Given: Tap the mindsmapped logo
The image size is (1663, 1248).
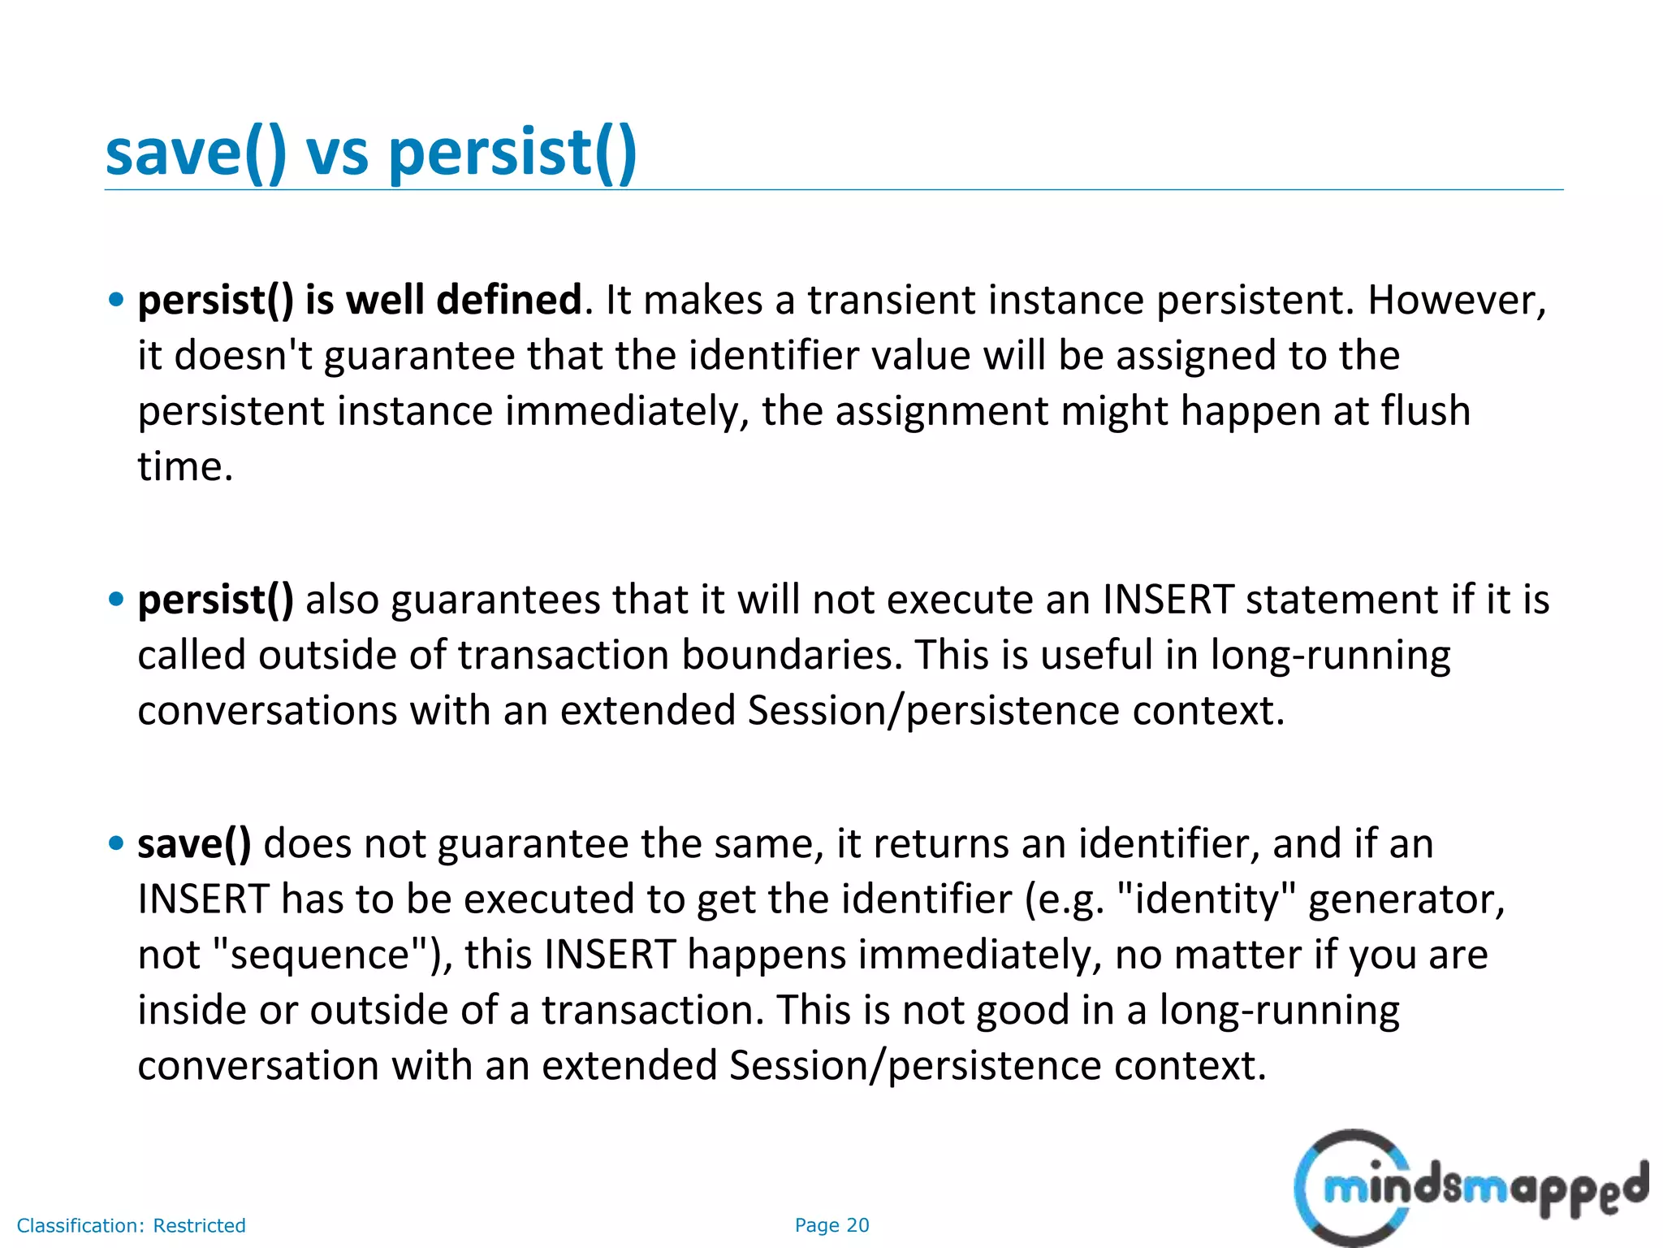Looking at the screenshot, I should point(1470,1188).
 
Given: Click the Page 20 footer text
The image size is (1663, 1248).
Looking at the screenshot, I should point(831,1225).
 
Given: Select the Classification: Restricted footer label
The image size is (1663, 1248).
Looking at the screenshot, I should point(131,1225).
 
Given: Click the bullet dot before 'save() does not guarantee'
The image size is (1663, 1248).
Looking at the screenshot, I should point(116,843).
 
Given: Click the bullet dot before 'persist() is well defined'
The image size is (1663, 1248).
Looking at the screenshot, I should point(116,300).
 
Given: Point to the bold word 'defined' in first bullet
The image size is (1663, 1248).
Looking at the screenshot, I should point(509,300).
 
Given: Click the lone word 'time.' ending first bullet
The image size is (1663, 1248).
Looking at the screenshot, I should point(185,466).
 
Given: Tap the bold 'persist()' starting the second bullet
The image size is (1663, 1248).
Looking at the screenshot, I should point(215,600).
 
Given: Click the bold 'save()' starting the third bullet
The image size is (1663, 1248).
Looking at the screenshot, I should point(194,843).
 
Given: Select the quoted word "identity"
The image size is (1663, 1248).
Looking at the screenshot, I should point(1207,899).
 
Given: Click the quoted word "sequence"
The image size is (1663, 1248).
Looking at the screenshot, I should point(319,955).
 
